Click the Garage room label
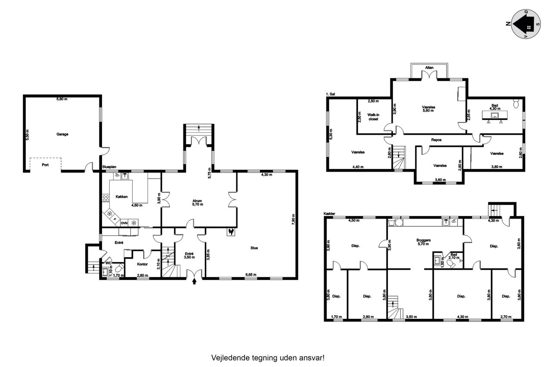point(62,134)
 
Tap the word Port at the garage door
point(45,165)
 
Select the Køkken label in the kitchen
point(121,197)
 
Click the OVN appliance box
point(124,223)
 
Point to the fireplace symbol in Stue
point(231,232)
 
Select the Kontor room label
point(142,264)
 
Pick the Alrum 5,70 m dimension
point(198,204)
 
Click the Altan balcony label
point(429,68)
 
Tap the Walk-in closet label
point(373,117)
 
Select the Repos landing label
point(436,140)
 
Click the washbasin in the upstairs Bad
point(495,115)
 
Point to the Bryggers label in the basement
point(424,240)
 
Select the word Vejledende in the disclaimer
point(230,358)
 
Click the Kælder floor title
point(329,214)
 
